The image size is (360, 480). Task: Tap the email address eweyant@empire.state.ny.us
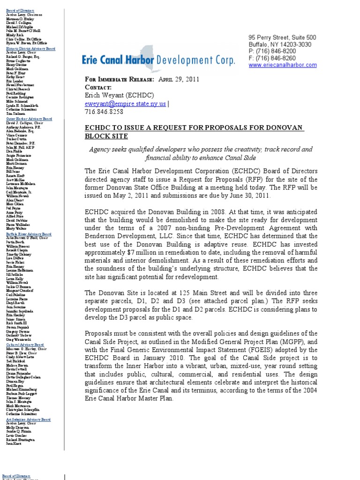coord(125,103)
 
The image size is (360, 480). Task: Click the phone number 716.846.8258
coord(104,112)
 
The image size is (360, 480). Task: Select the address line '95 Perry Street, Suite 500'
coord(282,37)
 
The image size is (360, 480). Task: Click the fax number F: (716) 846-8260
coord(272,58)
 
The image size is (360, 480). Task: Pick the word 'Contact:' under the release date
coord(98,87)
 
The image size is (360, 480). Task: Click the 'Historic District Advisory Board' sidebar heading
coord(30,49)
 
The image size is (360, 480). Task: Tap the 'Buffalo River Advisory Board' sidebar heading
coord(29,233)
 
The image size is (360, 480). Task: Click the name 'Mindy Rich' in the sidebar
coord(15,35)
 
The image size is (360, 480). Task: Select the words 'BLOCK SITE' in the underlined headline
coord(106,136)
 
